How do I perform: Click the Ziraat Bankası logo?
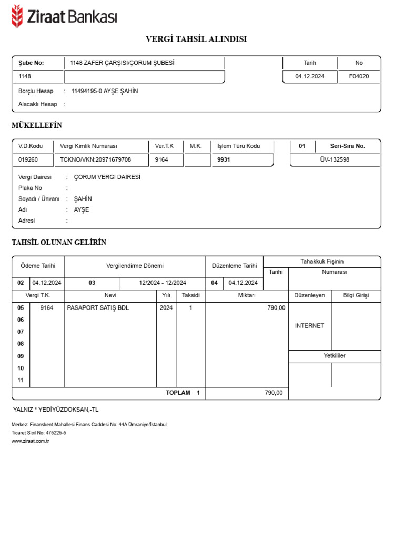click(x=64, y=17)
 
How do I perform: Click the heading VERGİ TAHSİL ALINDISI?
click(x=196, y=39)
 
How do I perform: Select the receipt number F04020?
click(x=359, y=76)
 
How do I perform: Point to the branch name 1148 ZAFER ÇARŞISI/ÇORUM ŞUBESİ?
click(x=122, y=63)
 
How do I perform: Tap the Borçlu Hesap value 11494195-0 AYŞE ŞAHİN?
click(x=105, y=91)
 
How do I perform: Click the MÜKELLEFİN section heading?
click(x=37, y=125)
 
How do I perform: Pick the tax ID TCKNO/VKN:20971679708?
click(x=96, y=159)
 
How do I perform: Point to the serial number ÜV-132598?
click(x=335, y=159)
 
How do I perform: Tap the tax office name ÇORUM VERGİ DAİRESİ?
click(x=107, y=177)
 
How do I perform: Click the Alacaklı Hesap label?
click(x=38, y=104)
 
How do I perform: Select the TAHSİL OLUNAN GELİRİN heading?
click(x=59, y=242)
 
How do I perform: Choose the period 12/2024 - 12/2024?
click(x=163, y=283)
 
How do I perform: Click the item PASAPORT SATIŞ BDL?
click(x=98, y=308)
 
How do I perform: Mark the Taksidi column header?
click(x=190, y=295)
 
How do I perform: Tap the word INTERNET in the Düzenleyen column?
click(x=309, y=326)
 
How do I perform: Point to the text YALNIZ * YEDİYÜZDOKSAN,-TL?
click(x=56, y=409)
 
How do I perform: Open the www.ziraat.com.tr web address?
click(x=30, y=441)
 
